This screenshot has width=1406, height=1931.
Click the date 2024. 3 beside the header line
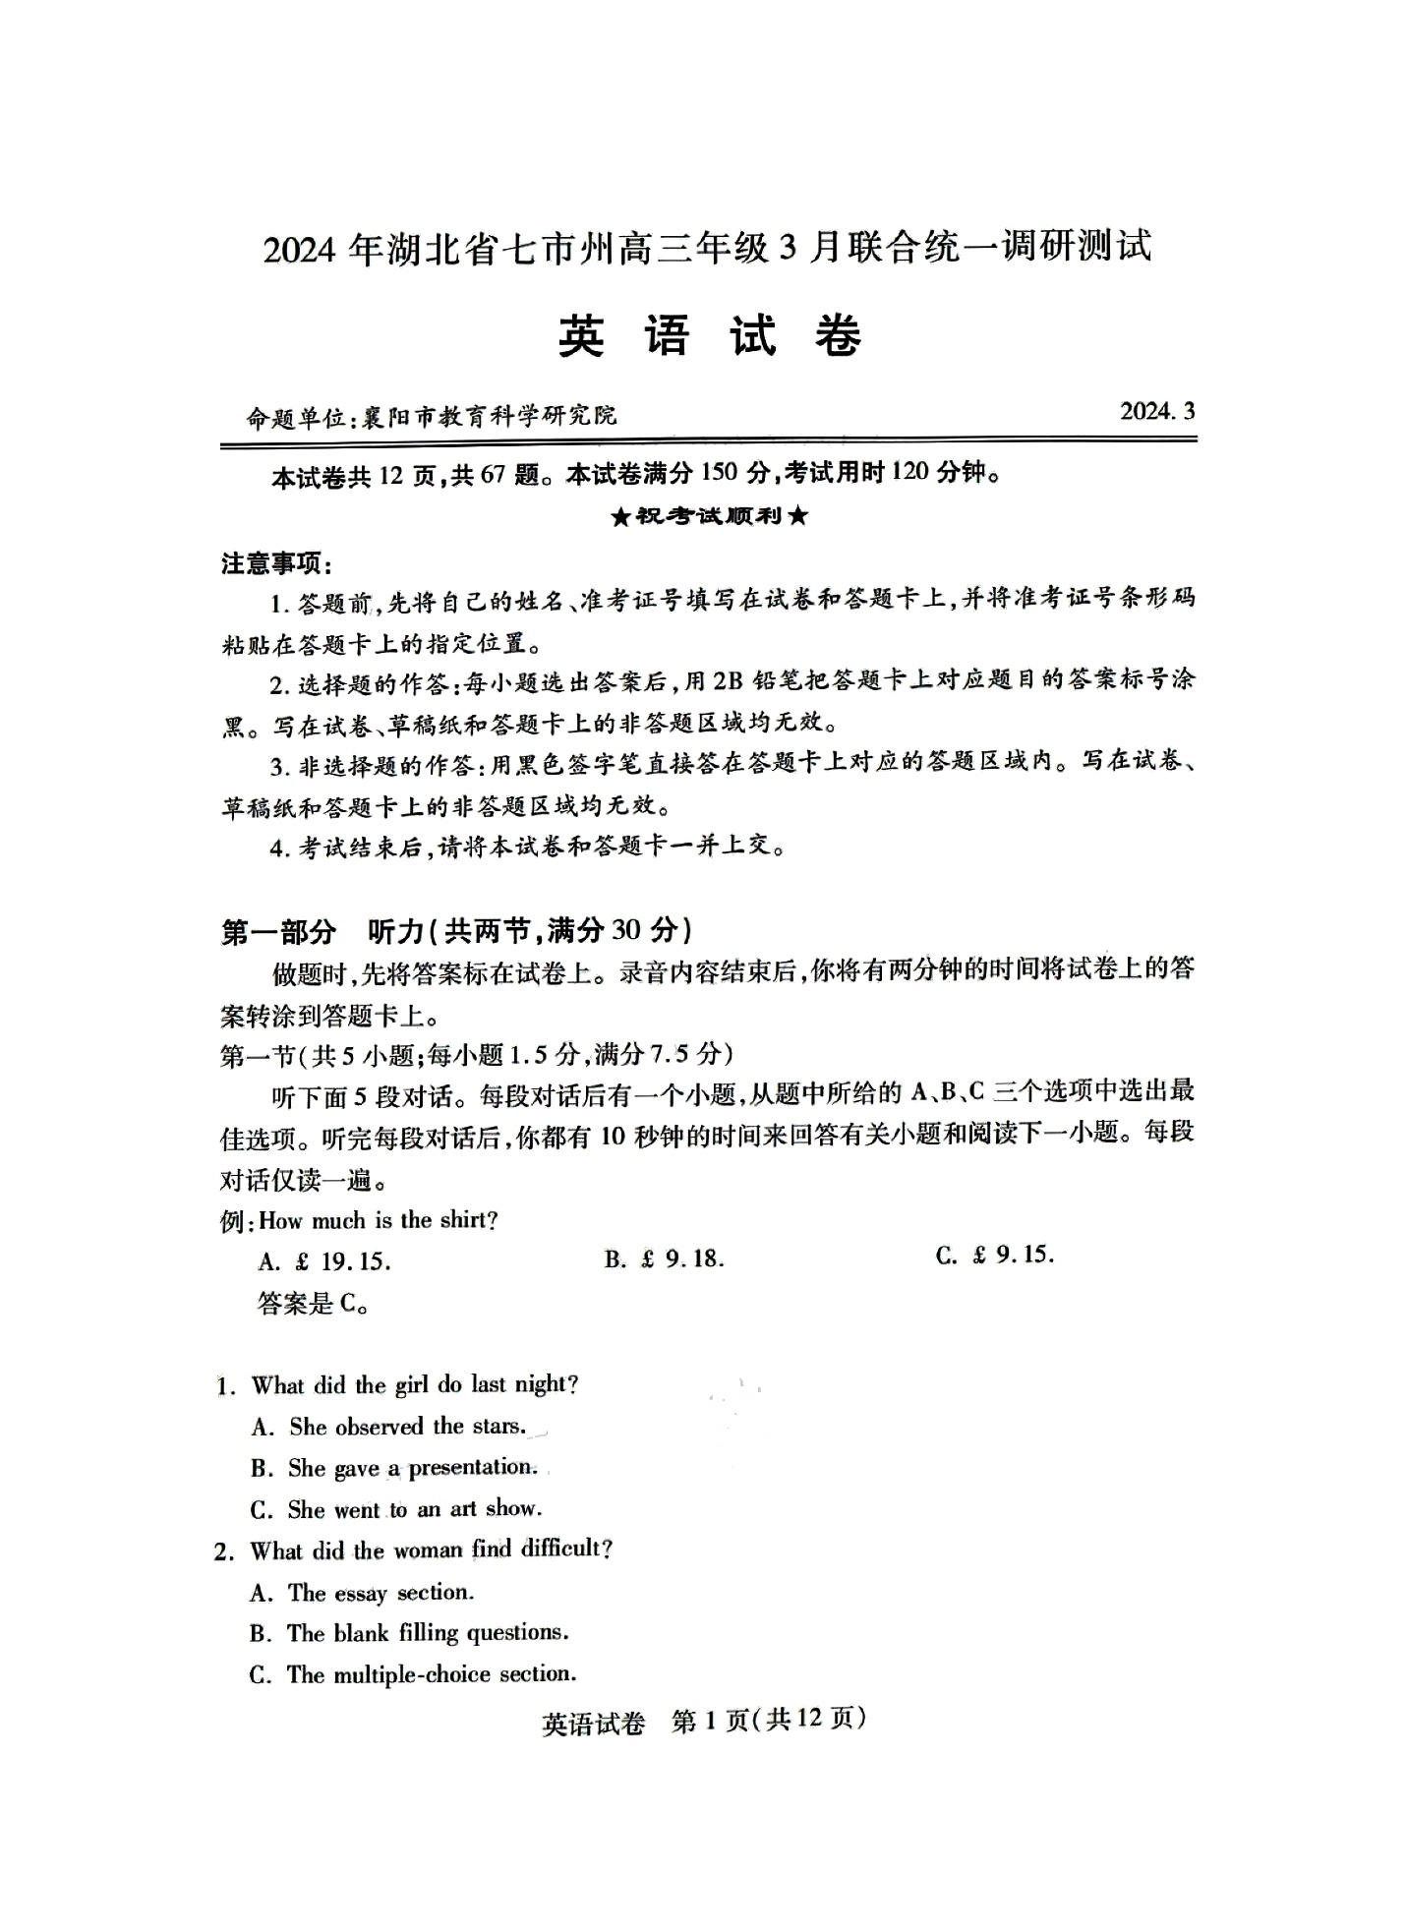(x=1156, y=411)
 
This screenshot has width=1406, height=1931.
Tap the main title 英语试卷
(x=709, y=337)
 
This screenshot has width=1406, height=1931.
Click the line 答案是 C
(x=314, y=1304)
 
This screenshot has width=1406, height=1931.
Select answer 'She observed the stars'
(x=407, y=1427)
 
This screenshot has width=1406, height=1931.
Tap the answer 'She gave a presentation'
(x=412, y=1468)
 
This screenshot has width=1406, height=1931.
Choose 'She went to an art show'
(x=414, y=1509)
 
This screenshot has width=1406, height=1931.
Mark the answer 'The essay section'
(x=381, y=1592)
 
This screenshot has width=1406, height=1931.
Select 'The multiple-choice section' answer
(x=431, y=1674)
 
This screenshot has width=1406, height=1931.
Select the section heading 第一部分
(x=278, y=930)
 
